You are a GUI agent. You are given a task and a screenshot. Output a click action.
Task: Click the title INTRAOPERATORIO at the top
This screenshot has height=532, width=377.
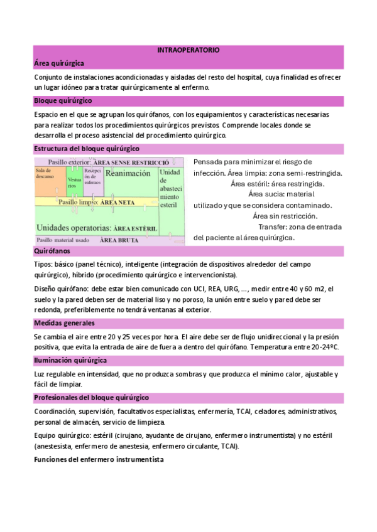188,50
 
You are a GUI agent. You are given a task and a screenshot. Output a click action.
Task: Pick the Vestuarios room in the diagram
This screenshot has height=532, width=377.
74,183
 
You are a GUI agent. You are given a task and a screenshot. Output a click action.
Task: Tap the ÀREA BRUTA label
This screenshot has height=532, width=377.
120,240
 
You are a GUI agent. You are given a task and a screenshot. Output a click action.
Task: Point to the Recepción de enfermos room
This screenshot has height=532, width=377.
93,178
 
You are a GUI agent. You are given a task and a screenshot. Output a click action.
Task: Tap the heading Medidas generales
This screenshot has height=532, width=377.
63,323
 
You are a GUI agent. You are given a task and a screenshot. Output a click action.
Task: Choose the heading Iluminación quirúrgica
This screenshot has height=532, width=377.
70,360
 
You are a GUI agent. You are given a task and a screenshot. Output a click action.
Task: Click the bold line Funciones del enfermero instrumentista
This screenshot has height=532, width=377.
99,459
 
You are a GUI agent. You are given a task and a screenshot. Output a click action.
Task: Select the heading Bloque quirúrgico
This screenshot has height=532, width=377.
63,100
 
